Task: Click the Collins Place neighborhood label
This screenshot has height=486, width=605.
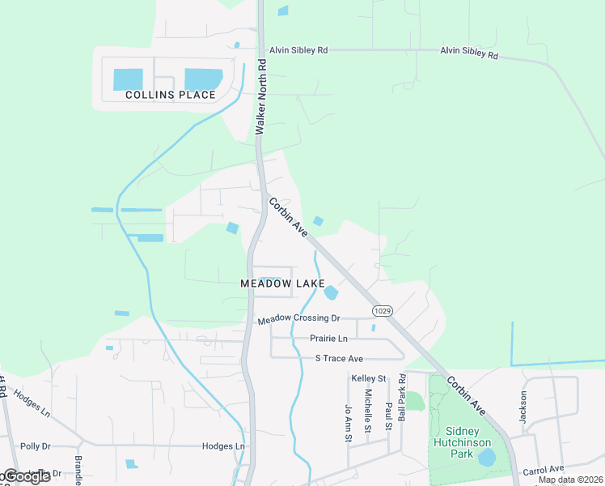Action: (x=171, y=95)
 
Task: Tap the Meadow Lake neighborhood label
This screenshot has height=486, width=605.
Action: (x=282, y=283)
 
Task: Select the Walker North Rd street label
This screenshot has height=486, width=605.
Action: (x=260, y=96)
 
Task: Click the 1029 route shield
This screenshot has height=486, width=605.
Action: (x=383, y=311)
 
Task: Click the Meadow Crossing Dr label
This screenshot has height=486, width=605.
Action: (x=299, y=320)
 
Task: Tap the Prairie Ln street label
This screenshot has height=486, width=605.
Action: (x=328, y=338)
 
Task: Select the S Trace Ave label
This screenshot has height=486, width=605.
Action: (x=339, y=358)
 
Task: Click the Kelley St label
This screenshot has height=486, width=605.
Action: (x=369, y=378)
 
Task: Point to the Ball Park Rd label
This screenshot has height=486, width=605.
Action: (x=401, y=397)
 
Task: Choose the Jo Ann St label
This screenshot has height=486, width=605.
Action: (x=349, y=424)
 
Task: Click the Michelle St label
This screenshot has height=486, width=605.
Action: (x=367, y=411)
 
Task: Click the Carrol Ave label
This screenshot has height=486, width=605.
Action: (x=543, y=469)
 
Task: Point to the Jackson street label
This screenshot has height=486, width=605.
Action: (x=523, y=407)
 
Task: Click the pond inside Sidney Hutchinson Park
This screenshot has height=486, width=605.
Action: (x=487, y=458)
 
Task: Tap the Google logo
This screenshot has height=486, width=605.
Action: (x=26, y=476)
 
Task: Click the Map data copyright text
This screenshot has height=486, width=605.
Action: (x=570, y=480)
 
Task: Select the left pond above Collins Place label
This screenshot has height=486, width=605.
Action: (x=128, y=79)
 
